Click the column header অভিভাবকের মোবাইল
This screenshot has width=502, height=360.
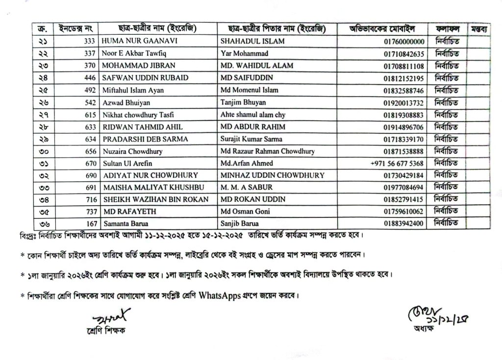coord(385,28)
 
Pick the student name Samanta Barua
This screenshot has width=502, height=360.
coord(123,223)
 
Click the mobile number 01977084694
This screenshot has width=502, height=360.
coord(405,187)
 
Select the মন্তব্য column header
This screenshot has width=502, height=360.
coord(479,28)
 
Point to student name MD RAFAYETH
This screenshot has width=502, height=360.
coord(123,211)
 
